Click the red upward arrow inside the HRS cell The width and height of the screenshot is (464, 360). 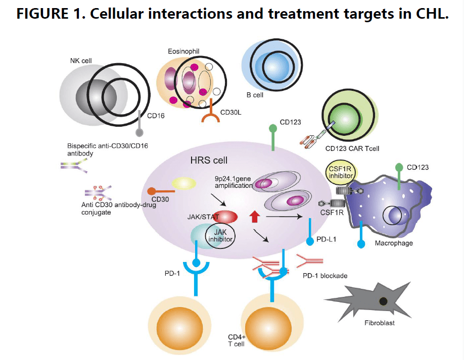[x=254, y=217]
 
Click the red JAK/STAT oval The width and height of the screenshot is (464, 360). [x=225, y=217]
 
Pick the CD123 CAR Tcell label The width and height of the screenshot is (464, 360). [x=352, y=148]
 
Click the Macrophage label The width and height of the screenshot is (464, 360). [x=394, y=243]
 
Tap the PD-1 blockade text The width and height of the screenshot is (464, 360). [x=325, y=276]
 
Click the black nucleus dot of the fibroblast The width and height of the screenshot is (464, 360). [x=384, y=302]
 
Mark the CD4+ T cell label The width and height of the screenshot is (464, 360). [x=237, y=339]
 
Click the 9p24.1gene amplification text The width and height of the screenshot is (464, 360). [x=234, y=182]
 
